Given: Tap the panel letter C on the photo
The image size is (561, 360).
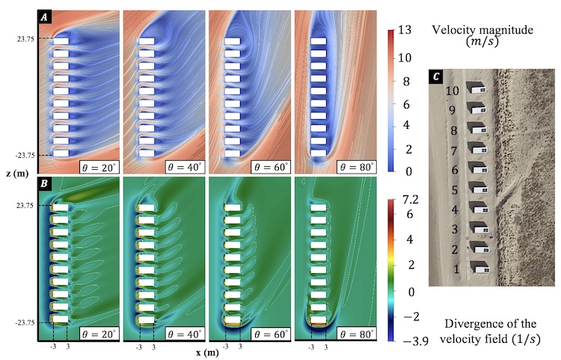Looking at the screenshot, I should point(437,77).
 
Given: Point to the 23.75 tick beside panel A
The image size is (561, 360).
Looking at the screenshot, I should point(19,38).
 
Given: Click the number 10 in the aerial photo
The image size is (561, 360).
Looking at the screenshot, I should point(452,91).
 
